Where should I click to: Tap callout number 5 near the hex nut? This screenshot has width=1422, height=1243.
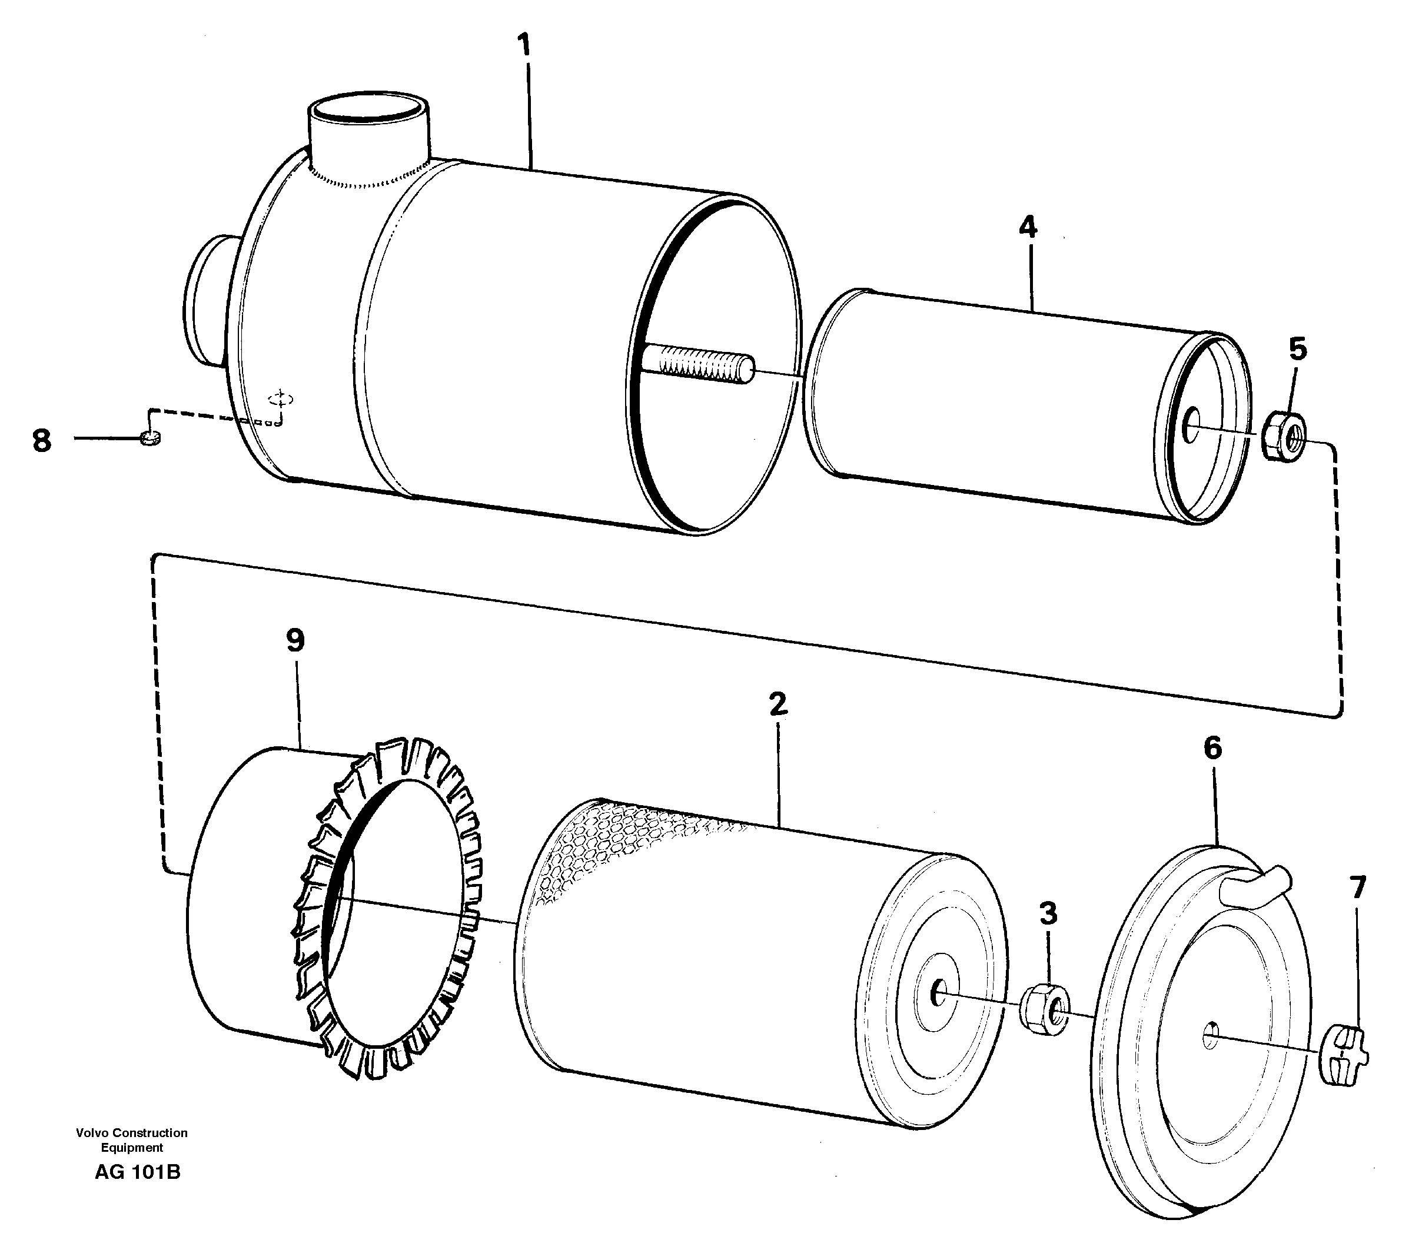click(x=1297, y=349)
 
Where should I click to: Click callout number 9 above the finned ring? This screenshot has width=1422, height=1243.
click(x=295, y=640)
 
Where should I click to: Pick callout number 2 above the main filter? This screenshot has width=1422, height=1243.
click(x=778, y=704)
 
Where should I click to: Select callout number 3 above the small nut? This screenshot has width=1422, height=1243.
click(x=1048, y=913)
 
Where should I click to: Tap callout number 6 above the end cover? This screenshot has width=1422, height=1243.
click(x=1212, y=749)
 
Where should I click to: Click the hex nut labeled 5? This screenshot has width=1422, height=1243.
click(x=1283, y=437)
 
